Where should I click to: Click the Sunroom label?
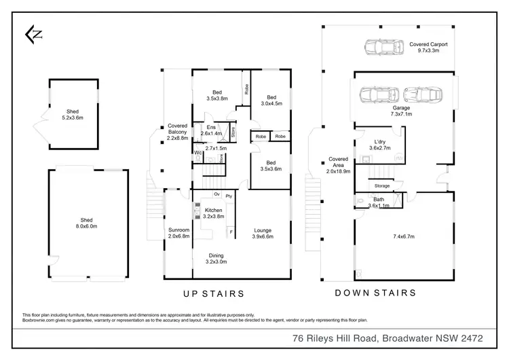tap(179, 233)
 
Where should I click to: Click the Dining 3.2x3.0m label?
tap(216, 258)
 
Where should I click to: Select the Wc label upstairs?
tap(197, 153)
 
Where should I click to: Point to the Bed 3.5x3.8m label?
tap(216, 95)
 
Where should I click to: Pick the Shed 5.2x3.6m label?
tap(72, 114)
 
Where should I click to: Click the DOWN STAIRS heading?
tap(375, 293)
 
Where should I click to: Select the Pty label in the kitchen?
tap(229, 196)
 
